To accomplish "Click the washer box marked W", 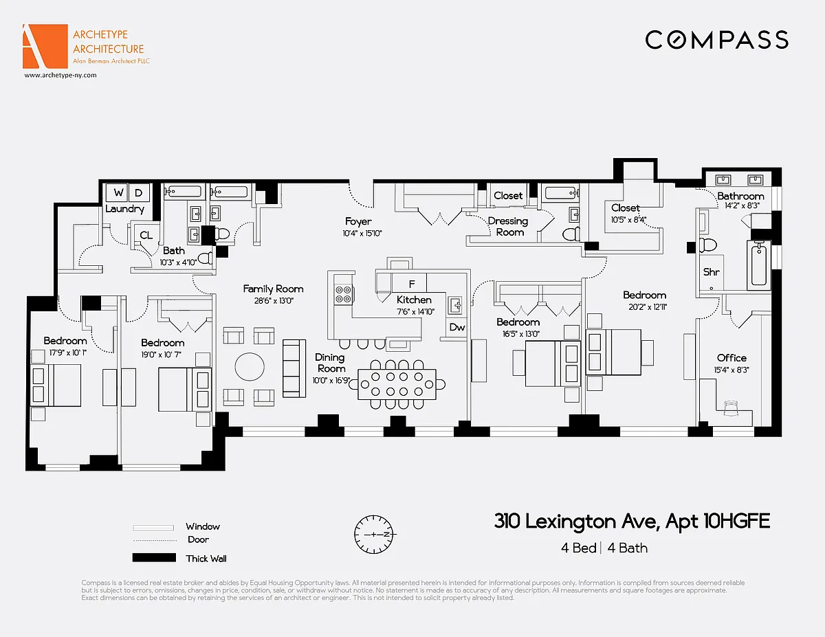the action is (119, 193).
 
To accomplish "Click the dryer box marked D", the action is (138, 193).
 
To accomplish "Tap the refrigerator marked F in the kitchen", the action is (412, 282).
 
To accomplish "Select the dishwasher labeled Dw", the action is (457, 328).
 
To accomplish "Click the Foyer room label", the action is (358, 221).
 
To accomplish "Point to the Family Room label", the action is (273, 289).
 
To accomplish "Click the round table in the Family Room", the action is (250, 366).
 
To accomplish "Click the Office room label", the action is (731, 357).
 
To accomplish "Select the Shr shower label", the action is (711, 272).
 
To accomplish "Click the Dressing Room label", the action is (507, 226).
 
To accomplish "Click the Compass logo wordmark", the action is (716, 39).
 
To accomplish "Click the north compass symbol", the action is (377, 534).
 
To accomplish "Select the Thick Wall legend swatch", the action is (154, 558).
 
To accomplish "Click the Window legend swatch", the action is (154, 527).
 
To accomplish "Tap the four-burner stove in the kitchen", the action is (344, 295).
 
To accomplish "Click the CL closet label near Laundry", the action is (146, 235).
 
